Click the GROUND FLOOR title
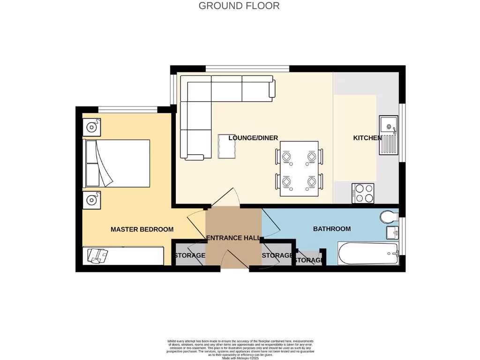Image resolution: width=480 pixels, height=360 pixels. [x=239, y=6]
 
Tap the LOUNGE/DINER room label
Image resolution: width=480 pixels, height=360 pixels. [x=253, y=138]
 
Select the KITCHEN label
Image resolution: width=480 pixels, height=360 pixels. [x=367, y=138]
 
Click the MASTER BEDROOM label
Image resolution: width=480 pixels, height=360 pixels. [x=142, y=229]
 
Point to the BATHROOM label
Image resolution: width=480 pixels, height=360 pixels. [x=332, y=229]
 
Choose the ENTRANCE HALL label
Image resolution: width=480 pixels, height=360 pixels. [x=233, y=238]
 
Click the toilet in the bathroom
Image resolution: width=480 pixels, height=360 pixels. [x=389, y=217]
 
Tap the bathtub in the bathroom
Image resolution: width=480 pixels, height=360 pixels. [x=368, y=254]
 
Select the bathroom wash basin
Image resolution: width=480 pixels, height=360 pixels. [x=392, y=232]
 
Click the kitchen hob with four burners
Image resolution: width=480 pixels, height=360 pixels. [x=363, y=193]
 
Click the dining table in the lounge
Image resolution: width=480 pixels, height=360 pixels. [x=299, y=168]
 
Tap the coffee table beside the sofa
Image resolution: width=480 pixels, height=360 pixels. [x=227, y=147]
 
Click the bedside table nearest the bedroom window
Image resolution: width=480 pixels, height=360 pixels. [x=91, y=127]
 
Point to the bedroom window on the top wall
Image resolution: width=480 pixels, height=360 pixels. [x=127, y=110]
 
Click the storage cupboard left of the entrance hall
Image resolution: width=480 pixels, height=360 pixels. [x=188, y=255]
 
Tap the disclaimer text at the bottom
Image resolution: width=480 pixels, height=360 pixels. [x=240, y=349]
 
